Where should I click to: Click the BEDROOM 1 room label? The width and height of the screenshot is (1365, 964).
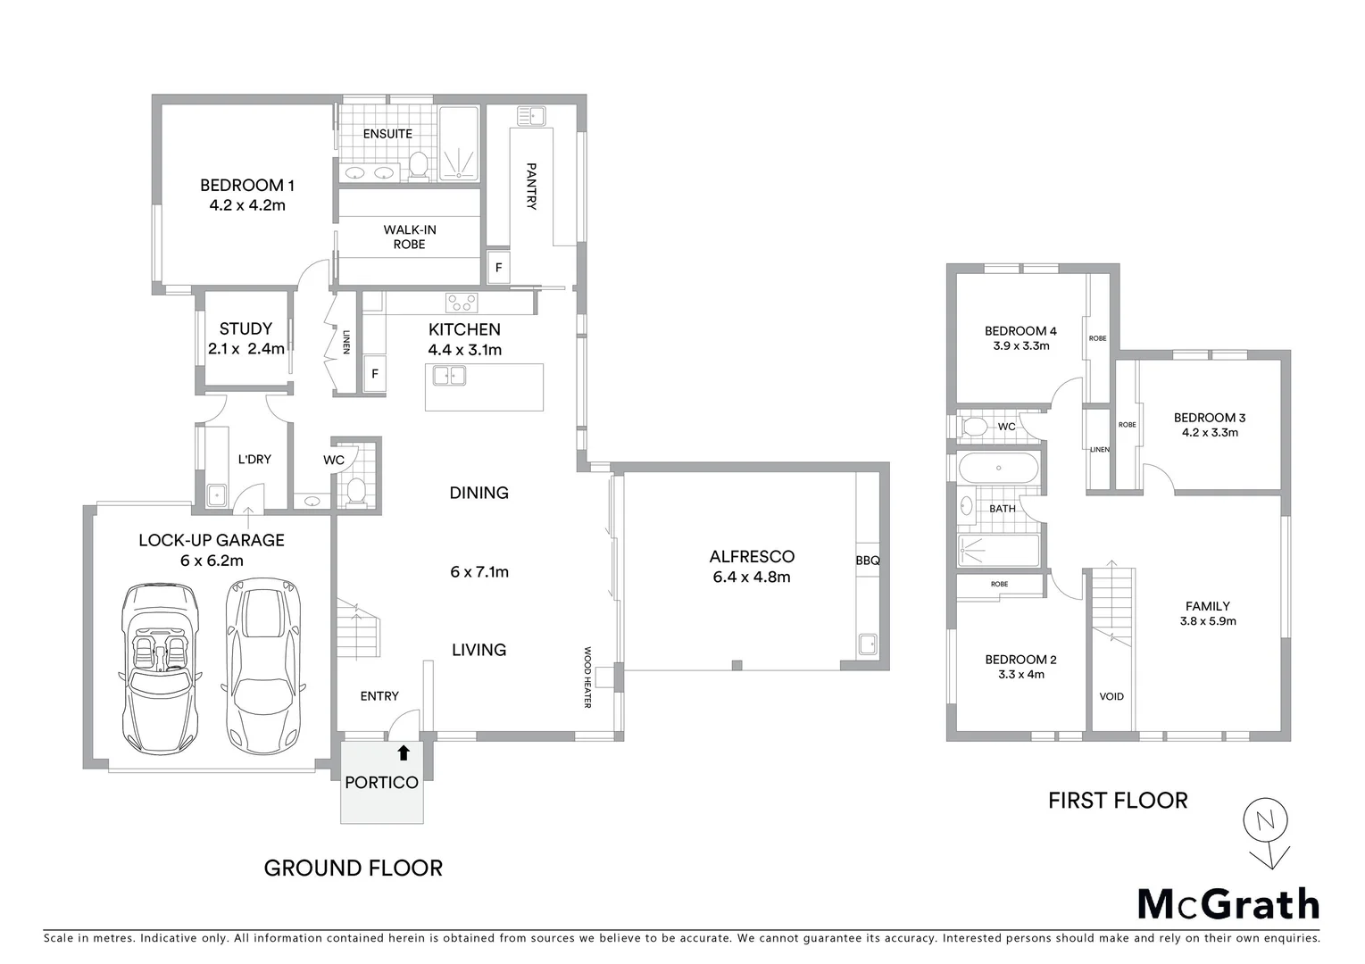[x=246, y=186]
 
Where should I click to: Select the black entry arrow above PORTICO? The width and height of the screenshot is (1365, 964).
[x=403, y=753]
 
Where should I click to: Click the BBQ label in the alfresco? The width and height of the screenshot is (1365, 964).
[x=867, y=561]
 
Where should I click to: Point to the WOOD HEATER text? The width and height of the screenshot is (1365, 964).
[x=587, y=677]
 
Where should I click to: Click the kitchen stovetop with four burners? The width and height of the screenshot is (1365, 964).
[x=462, y=302]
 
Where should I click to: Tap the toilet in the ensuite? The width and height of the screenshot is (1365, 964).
[x=418, y=164]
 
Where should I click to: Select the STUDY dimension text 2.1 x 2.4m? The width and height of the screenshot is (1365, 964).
[x=246, y=349]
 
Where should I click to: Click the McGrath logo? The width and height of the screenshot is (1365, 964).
[x=1228, y=904]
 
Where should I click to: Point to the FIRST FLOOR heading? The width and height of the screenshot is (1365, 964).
[x=1118, y=801]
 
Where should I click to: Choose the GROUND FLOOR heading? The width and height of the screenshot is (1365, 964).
[x=354, y=868]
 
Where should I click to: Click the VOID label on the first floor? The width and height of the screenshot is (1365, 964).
[x=1111, y=696]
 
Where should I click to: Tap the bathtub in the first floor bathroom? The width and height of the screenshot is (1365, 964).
[x=998, y=469]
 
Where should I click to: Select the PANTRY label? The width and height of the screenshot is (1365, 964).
[x=531, y=186]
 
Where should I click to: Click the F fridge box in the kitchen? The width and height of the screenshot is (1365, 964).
[x=374, y=375]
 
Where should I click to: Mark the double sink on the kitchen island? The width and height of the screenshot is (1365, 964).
[x=449, y=376]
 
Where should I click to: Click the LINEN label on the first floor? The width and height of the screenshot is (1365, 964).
[x=1099, y=449]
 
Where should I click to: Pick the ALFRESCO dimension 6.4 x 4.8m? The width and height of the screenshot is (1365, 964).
[x=752, y=577]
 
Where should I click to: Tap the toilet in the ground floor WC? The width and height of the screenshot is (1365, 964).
[x=356, y=489]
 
